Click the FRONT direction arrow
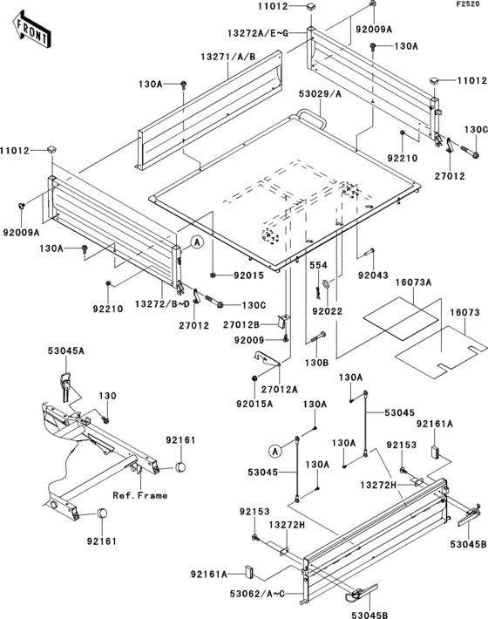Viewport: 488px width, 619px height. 31,31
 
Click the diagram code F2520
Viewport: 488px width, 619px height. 468,4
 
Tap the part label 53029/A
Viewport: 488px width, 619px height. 320,94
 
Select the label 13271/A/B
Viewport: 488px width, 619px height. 228,57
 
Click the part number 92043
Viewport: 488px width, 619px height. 373,275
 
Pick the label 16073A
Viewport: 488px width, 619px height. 413,282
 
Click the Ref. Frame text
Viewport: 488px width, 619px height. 140,495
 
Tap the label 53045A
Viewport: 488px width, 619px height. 66,350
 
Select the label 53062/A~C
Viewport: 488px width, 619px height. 257,594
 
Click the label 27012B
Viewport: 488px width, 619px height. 241,325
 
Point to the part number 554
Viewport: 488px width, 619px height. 318,265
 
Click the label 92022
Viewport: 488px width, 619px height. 328,311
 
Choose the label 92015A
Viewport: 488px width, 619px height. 254,404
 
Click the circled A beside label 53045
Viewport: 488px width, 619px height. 275,451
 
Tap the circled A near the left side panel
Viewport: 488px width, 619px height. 197,241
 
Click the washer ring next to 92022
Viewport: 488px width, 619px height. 327,283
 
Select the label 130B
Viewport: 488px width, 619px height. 316,363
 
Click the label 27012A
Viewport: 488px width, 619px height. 280,390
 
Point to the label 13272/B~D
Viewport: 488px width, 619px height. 163,304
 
